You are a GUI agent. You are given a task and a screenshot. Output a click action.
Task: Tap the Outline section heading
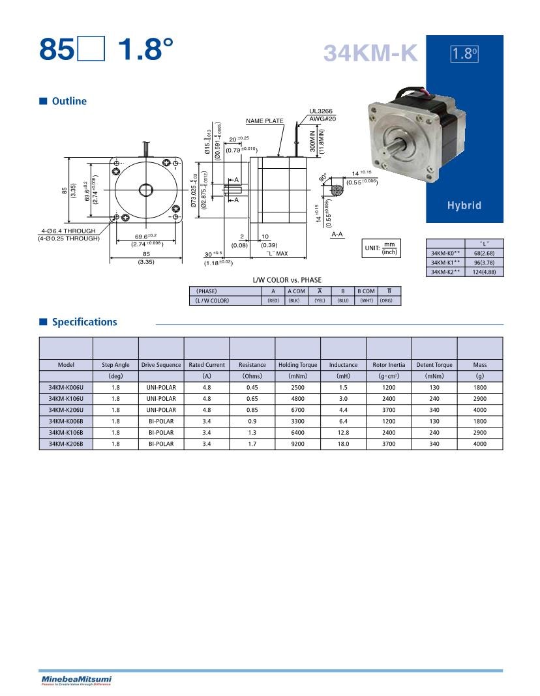(x=68, y=101)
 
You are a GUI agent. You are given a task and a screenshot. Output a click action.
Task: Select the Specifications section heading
(x=84, y=322)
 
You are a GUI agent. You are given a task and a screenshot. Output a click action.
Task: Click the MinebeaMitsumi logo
(x=76, y=680)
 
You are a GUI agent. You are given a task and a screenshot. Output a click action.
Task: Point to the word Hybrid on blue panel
(x=464, y=206)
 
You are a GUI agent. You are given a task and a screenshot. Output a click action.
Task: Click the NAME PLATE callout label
(x=265, y=121)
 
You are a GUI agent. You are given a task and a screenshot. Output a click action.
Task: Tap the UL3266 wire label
(x=322, y=111)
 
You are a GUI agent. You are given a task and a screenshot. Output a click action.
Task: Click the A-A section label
(x=338, y=233)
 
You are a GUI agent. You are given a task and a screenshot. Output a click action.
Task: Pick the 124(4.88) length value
(x=484, y=272)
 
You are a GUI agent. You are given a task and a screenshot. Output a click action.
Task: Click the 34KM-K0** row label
(x=445, y=252)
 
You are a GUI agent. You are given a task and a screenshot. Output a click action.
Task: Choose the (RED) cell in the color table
(x=273, y=300)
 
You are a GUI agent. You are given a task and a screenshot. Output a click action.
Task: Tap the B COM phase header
(x=365, y=291)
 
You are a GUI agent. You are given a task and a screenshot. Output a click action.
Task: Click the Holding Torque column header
(x=298, y=365)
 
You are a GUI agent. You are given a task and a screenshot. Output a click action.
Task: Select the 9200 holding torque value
(x=298, y=443)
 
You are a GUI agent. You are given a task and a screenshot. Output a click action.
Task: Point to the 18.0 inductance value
(x=343, y=443)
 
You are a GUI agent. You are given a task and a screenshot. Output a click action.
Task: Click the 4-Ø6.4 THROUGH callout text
(x=68, y=231)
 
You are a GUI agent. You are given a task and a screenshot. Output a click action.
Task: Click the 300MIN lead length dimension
(x=313, y=140)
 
